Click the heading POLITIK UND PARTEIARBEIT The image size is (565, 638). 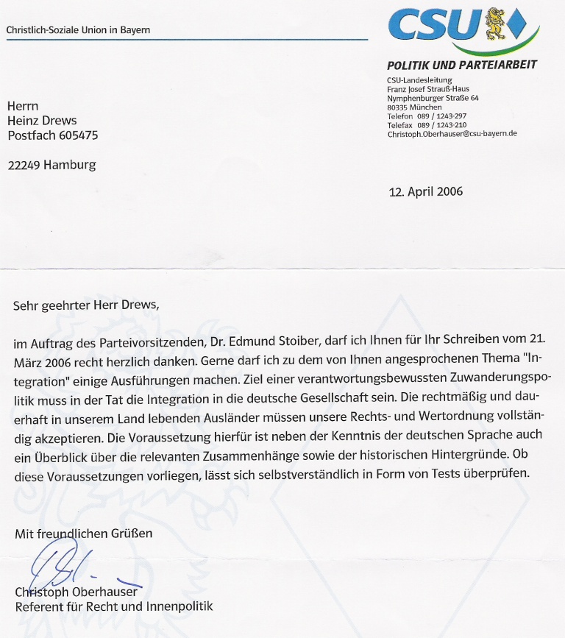[x=462, y=65]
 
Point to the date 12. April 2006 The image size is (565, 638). [x=426, y=192]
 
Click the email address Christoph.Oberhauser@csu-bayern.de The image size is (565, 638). [x=452, y=133]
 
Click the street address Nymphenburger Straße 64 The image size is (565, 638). [x=433, y=98]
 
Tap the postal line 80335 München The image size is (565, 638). [x=414, y=107]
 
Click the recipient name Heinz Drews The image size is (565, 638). [x=42, y=121]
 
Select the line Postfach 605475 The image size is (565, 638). [x=52, y=135]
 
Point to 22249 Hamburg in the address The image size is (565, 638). [x=51, y=165]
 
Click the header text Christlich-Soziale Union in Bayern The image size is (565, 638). [x=78, y=30]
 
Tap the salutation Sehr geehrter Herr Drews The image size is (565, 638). [x=85, y=304]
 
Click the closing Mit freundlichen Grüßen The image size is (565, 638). [x=84, y=533]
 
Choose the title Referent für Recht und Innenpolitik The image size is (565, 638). [x=114, y=607]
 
